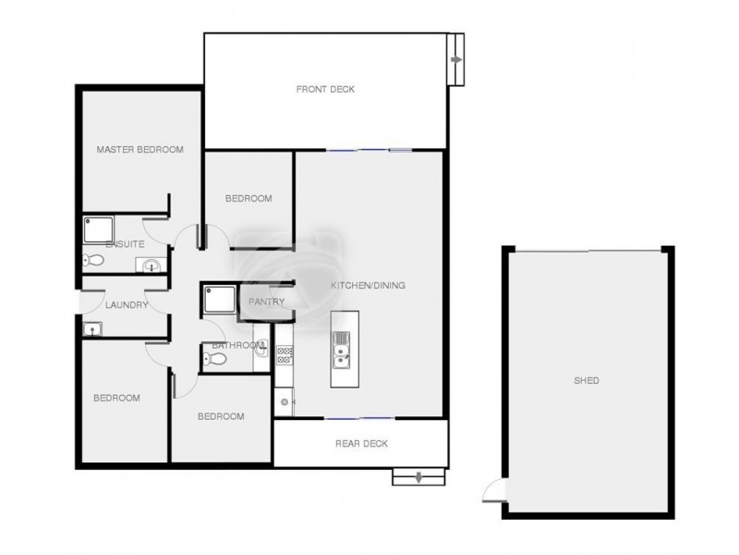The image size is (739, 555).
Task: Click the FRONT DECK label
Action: tap(325, 89)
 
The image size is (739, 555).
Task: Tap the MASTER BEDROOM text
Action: tap(140, 149)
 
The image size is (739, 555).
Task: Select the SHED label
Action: tap(586, 380)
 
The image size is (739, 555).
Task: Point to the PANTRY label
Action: tap(265, 302)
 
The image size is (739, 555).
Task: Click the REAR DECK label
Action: tap(360, 444)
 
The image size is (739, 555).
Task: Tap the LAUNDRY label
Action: tap(127, 304)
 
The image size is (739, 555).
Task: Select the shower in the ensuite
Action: tap(96, 228)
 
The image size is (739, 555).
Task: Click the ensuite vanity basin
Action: tap(150, 266)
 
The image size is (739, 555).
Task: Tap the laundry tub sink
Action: tap(92, 328)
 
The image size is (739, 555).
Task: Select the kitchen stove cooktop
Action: tap(283, 353)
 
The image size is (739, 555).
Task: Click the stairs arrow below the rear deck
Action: tap(418, 477)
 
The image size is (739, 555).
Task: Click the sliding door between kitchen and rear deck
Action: tap(360, 417)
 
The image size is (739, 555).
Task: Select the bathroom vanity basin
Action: tap(261, 351)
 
